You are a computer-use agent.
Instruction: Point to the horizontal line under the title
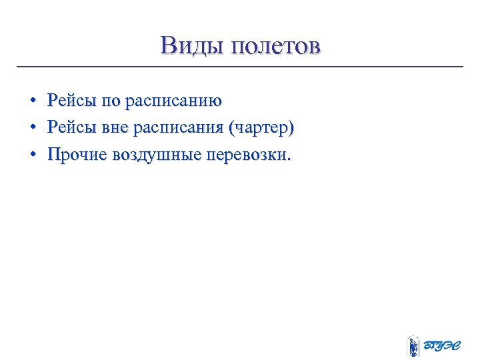240,67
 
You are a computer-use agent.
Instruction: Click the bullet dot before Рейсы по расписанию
31,101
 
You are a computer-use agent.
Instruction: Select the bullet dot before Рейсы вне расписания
31,127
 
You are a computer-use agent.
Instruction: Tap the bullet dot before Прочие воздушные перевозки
31,155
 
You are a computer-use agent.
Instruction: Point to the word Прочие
77,155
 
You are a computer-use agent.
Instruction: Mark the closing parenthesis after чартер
291,127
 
